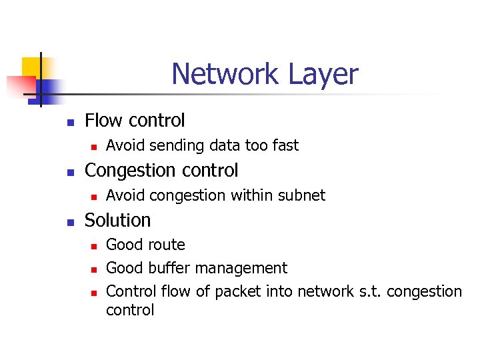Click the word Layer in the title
[323, 75]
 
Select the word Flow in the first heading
[103, 120]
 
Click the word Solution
[118, 220]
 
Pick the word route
[167, 245]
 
